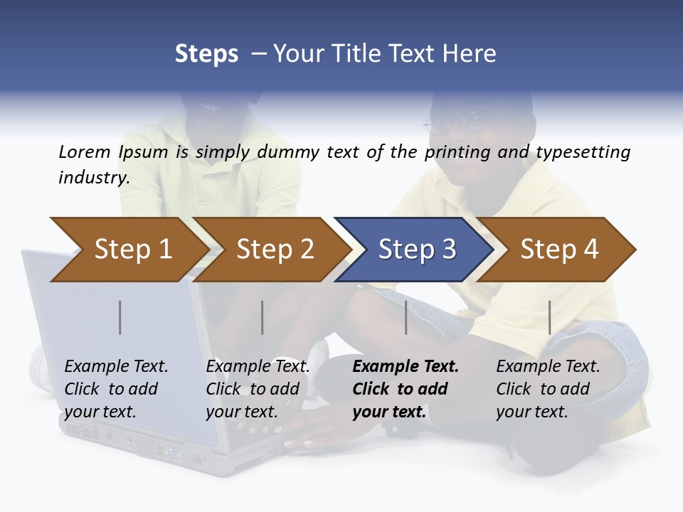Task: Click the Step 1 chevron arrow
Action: (132, 250)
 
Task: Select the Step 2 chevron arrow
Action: (275, 250)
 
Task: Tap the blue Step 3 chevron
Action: (417, 250)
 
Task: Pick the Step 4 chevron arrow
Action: (559, 250)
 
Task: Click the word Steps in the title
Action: (206, 54)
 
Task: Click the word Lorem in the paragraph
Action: (85, 151)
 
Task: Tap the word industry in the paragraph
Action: (94, 177)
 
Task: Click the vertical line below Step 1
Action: (120, 317)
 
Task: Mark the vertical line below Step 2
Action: (263, 317)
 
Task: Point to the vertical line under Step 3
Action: (406, 317)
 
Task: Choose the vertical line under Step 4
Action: (549, 317)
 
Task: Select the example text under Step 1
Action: (116, 389)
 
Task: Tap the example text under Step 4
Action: (548, 389)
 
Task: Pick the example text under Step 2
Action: (258, 389)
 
